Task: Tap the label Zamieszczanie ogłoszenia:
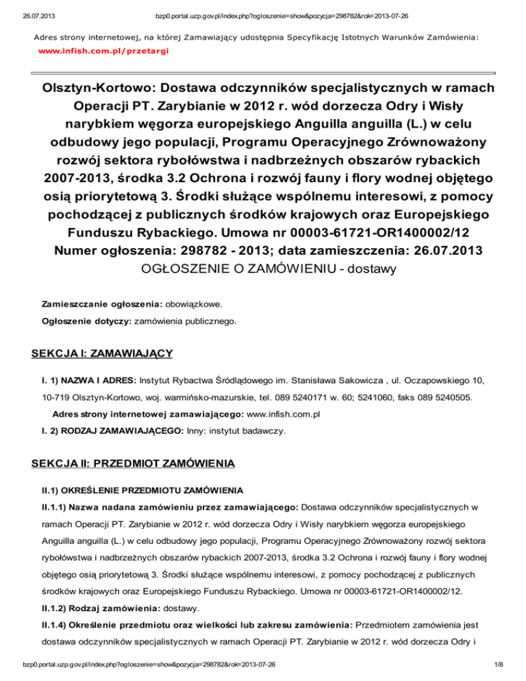pyautogui.click(x=102, y=302)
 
